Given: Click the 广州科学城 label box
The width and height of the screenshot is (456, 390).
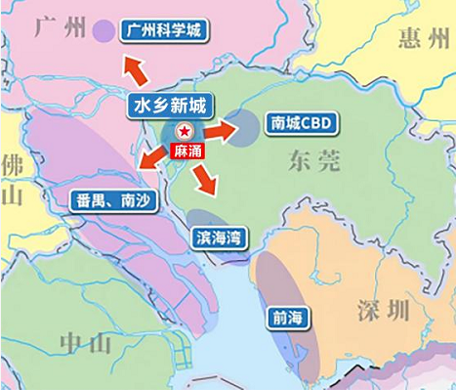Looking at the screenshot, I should tap(163, 30).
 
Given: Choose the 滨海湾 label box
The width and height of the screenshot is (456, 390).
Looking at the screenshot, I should tap(219, 238).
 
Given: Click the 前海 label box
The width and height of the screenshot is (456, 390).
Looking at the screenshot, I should tap(285, 318).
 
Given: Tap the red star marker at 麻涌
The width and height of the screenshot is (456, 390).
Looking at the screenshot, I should tap(185, 132).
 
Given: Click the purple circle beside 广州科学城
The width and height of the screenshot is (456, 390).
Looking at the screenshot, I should tap(103, 31).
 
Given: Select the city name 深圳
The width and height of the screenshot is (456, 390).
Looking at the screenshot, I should tap(383, 312).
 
